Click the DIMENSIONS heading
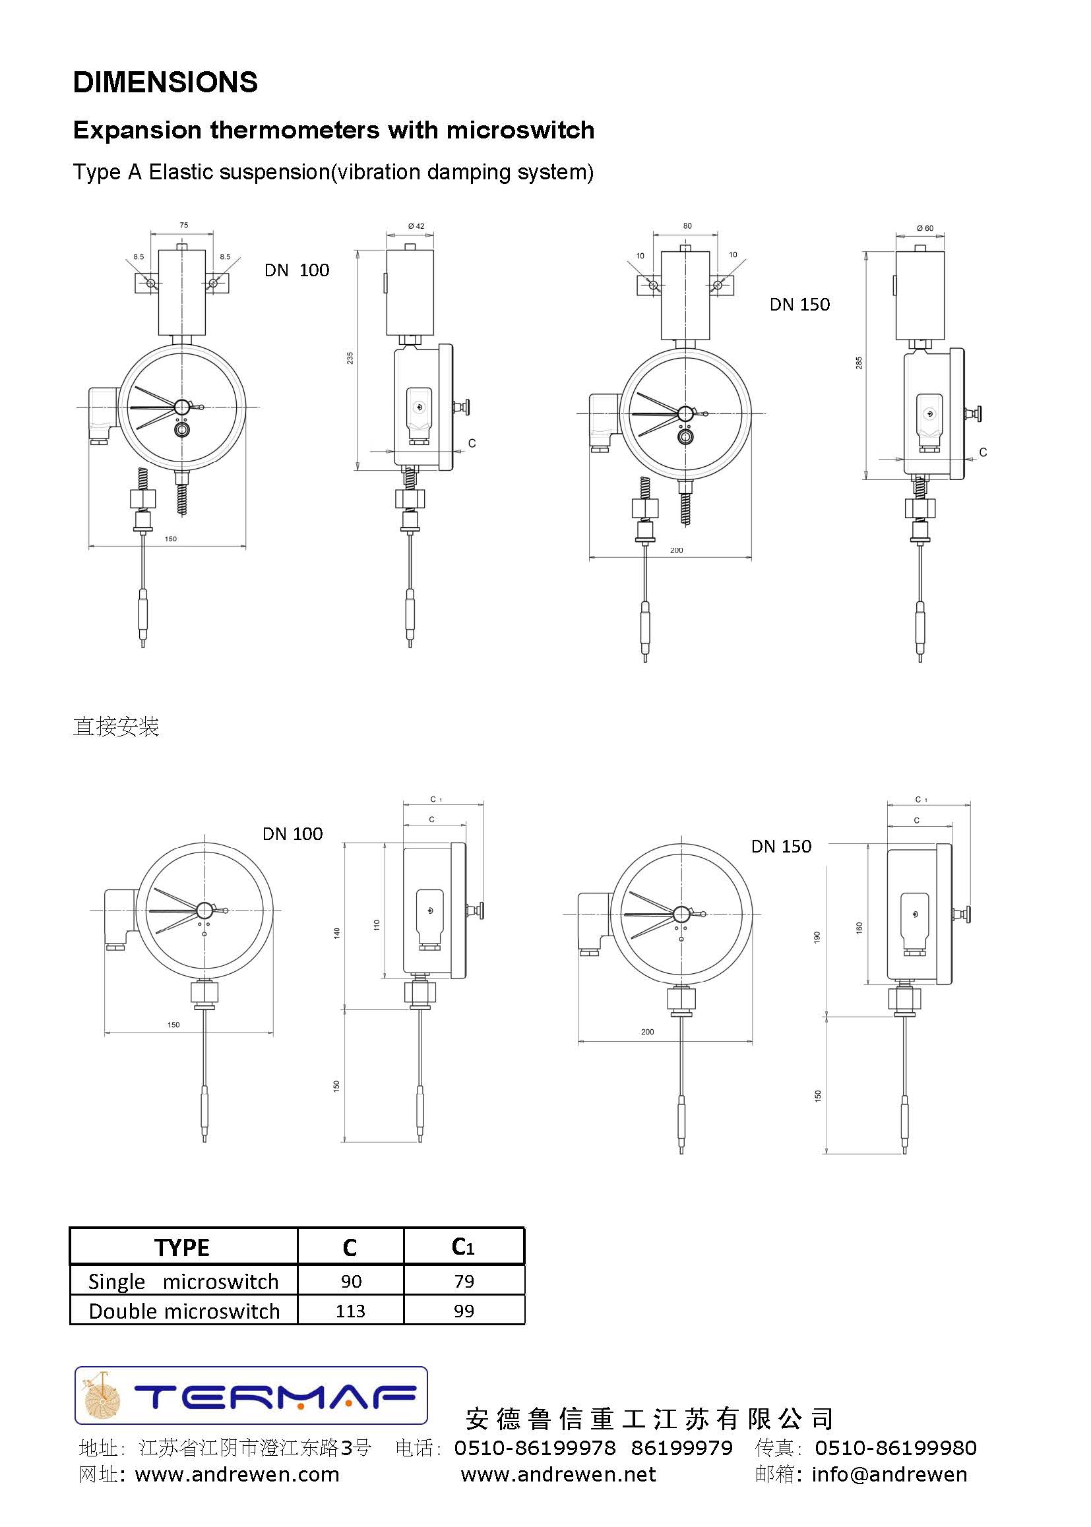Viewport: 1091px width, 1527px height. pyautogui.click(x=166, y=82)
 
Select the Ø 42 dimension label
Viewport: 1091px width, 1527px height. pyautogui.click(x=416, y=226)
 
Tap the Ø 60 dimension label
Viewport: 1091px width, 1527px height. pyautogui.click(x=925, y=228)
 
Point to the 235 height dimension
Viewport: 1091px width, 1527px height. pyautogui.click(x=350, y=358)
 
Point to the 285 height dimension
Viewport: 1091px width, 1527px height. pyautogui.click(x=859, y=363)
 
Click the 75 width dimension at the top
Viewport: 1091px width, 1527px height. pyautogui.click(x=184, y=225)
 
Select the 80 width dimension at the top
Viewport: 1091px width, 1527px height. pyautogui.click(x=687, y=226)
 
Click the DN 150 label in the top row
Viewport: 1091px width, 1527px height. pyautogui.click(x=799, y=305)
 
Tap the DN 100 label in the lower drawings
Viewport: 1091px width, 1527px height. pyautogui.click(x=292, y=834)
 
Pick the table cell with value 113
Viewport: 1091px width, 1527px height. pyautogui.click(x=350, y=1311)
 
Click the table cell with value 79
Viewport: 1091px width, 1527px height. pyautogui.click(x=464, y=1281)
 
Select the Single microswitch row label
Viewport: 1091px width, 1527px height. pyautogui.click(x=183, y=1281)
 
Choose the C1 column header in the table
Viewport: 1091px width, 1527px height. pyautogui.click(x=464, y=1247)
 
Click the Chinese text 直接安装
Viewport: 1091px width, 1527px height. pyautogui.click(x=115, y=727)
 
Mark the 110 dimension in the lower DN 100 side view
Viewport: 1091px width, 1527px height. pyautogui.click(x=377, y=924)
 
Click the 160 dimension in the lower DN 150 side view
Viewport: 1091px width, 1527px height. pyautogui.click(x=859, y=928)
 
